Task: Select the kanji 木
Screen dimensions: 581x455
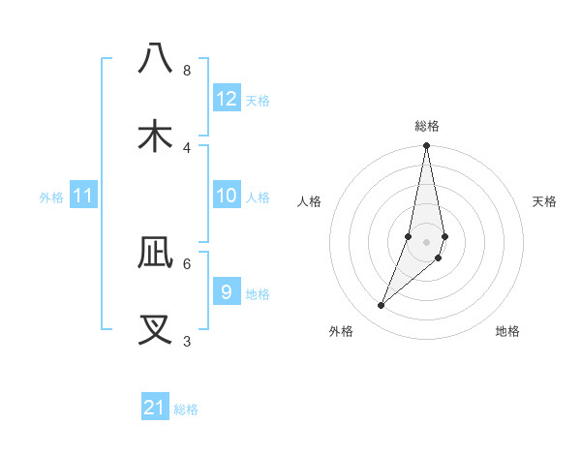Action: pos(156,136)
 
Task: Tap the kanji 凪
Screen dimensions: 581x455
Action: pos(156,253)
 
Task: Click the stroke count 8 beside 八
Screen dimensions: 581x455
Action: pos(186,70)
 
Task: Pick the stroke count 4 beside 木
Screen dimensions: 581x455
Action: pos(186,147)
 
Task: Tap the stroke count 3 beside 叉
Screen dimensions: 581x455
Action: pos(186,341)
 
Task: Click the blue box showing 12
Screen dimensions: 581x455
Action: pos(227,99)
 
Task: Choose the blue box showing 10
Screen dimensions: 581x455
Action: pos(227,196)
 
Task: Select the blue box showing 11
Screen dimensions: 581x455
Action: pos(83,196)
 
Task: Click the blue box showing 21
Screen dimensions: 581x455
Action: pos(155,408)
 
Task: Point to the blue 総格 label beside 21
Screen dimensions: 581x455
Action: pos(186,409)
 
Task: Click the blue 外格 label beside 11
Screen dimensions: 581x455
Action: pos(51,197)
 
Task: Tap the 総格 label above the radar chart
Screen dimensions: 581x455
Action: pos(427,126)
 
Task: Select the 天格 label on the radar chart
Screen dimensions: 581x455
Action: pos(545,201)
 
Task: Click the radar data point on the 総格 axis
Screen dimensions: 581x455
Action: pos(426,147)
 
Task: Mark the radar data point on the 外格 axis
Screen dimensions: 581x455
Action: pos(381,306)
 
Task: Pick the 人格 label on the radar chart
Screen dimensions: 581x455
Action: pos(310,201)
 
